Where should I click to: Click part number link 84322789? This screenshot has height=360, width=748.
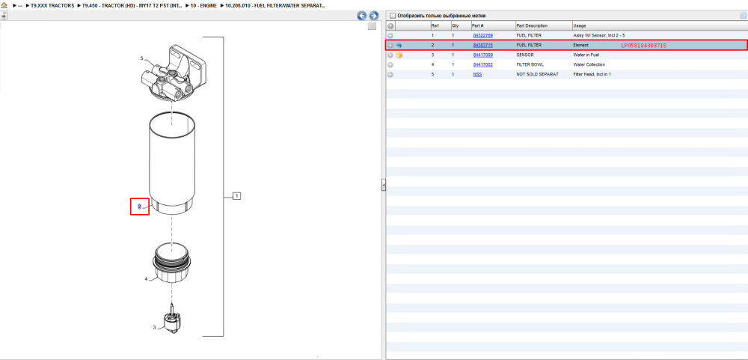click(482, 36)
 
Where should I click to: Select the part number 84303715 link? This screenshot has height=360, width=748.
click(482, 46)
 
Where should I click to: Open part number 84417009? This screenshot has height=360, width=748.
click(482, 55)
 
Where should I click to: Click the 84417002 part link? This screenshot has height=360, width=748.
click(482, 64)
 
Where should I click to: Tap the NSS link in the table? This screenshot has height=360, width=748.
click(477, 75)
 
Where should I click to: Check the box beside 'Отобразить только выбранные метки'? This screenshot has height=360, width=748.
click(393, 15)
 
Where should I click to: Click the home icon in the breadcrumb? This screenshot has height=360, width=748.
click(4, 5)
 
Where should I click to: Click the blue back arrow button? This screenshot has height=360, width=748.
click(362, 16)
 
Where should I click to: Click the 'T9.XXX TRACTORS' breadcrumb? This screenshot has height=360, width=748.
click(52, 6)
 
